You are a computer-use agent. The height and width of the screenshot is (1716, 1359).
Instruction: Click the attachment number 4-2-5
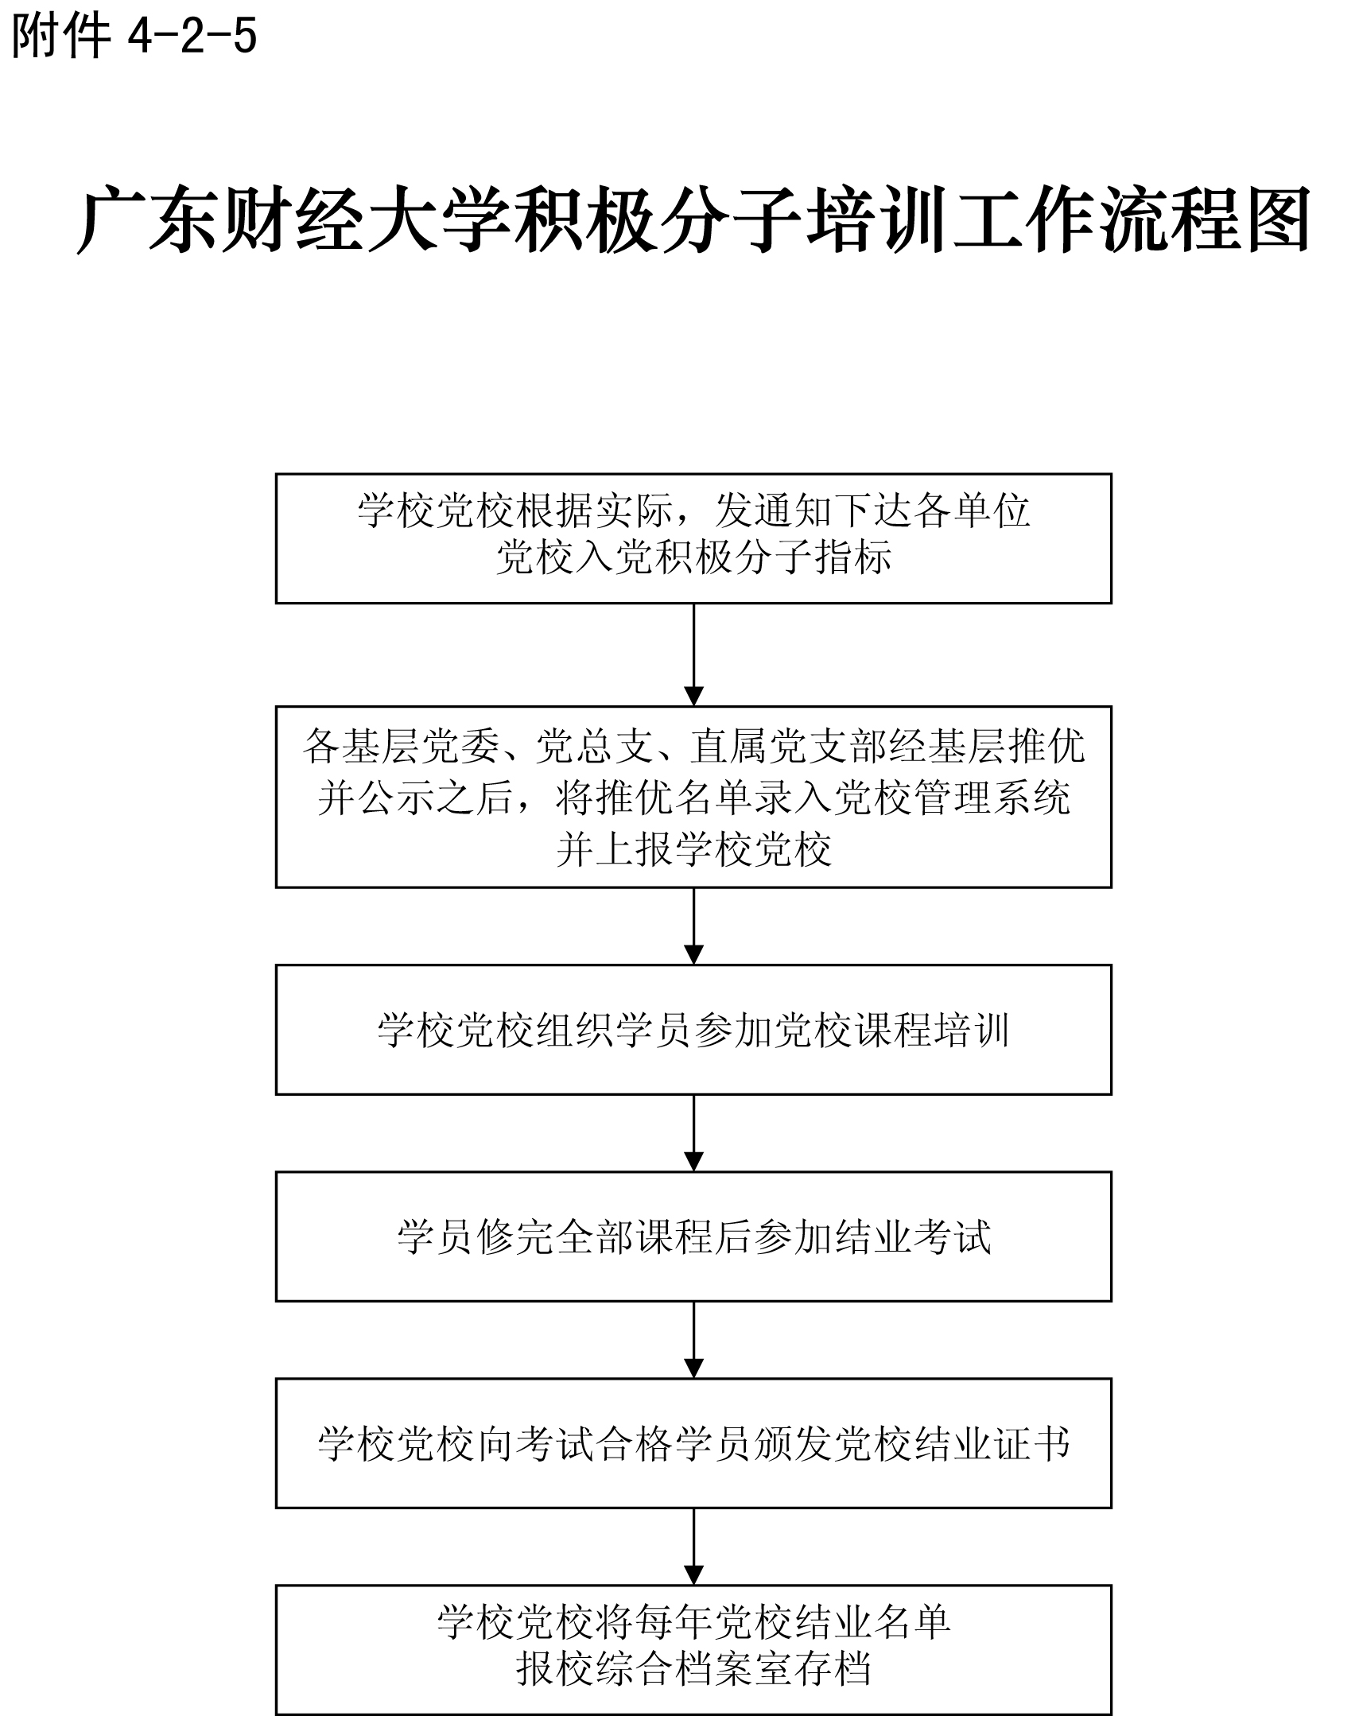[192, 37]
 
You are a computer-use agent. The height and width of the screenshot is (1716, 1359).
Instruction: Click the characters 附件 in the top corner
[60, 37]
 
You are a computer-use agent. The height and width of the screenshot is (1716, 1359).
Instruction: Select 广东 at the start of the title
[147, 221]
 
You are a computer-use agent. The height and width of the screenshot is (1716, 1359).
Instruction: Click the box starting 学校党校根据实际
[693, 538]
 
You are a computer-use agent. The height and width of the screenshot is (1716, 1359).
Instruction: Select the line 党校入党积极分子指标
[693, 557]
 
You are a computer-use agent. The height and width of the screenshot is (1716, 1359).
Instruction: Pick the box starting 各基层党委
[693, 796]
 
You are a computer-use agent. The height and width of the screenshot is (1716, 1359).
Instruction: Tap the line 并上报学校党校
[693, 848]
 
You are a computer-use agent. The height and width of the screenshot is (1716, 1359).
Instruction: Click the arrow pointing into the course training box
[694, 926]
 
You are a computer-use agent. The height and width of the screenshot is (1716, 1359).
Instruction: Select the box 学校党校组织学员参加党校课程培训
[693, 1030]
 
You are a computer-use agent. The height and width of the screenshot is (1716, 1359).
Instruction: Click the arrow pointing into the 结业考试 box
[694, 1133]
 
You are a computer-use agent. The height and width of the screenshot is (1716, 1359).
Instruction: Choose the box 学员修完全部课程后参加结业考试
[693, 1237]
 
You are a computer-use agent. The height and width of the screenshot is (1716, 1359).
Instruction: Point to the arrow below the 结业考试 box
[694, 1340]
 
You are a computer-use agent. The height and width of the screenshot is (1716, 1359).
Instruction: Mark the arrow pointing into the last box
[694, 1547]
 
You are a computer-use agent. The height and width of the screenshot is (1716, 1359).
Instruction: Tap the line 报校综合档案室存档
[693, 1669]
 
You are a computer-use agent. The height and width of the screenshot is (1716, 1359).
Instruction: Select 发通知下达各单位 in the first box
[873, 510]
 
